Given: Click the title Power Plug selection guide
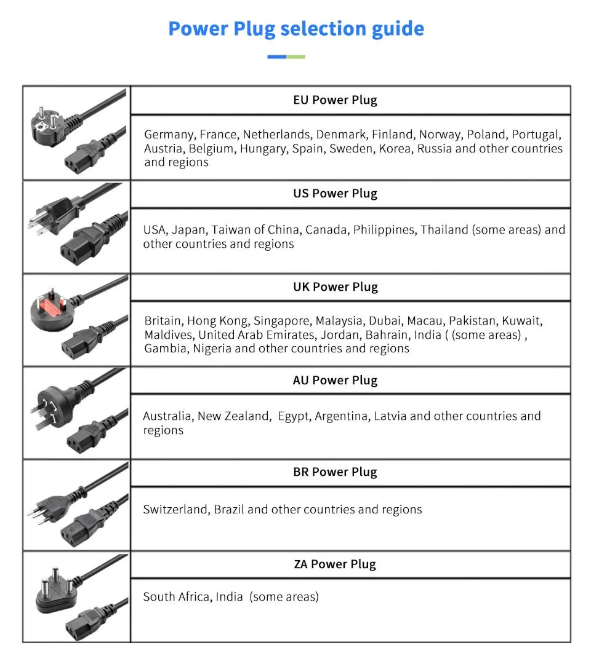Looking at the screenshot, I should coord(295,29).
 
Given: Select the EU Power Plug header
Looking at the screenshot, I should coord(335,100).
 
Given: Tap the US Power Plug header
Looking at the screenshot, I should coord(335,194).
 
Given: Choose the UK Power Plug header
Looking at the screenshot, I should coord(335,287).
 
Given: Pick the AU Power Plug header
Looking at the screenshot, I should coord(335,381).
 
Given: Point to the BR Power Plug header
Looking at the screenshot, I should coord(335,472).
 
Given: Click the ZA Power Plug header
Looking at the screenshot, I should coord(335,564).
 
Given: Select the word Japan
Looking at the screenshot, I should coord(188,230).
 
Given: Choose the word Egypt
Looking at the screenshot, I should coord(293,416).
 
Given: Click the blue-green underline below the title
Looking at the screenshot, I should coord(286,57).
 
